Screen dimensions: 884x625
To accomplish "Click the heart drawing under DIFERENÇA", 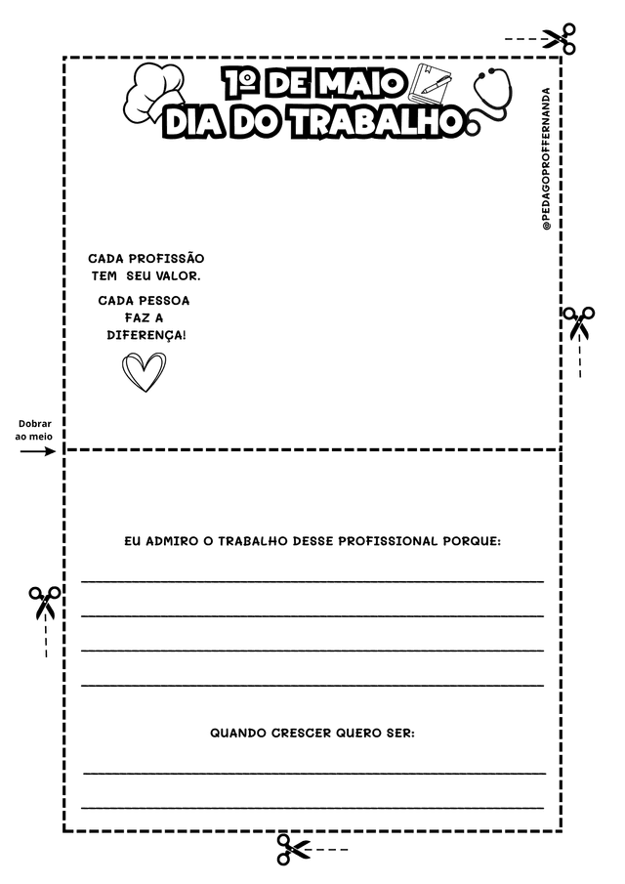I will (145, 371).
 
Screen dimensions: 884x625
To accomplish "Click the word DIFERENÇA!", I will (146, 335).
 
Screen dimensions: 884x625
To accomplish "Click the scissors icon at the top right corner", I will (559, 39).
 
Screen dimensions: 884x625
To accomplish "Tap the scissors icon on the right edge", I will (578, 321).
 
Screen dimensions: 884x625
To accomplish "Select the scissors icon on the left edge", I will (44, 602).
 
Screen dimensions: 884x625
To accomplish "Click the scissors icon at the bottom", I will (292, 849).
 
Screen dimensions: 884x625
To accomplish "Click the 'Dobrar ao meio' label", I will (35, 431).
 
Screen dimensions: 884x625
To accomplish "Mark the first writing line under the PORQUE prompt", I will (312, 581).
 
